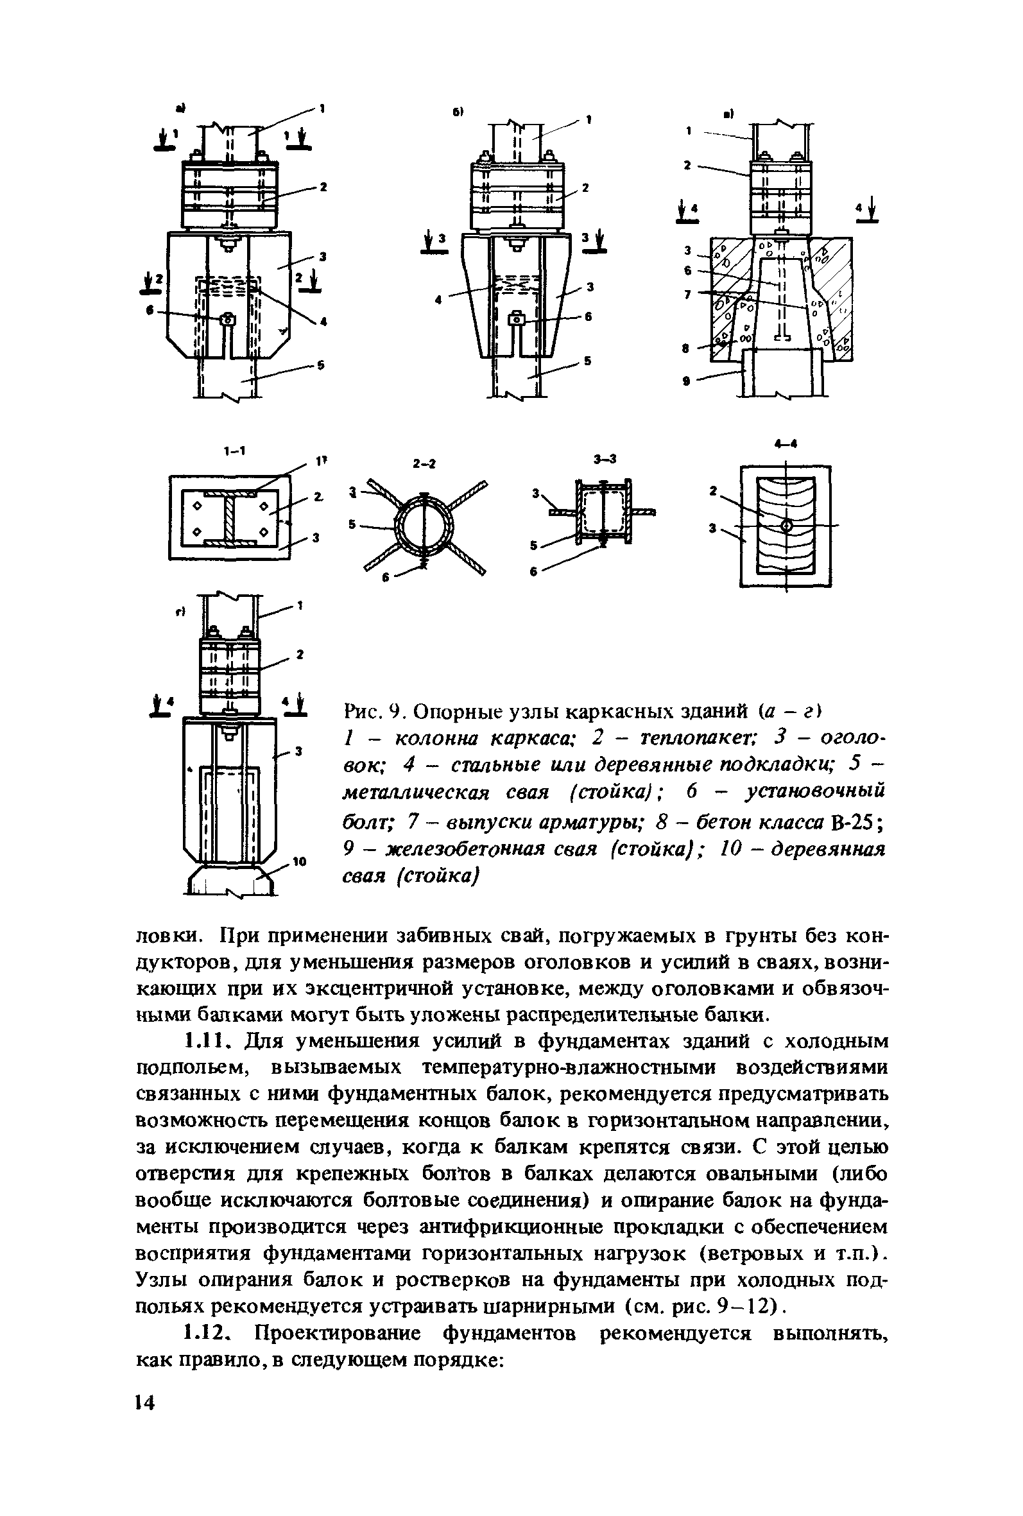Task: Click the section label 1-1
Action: (x=232, y=451)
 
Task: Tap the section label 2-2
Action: (x=424, y=464)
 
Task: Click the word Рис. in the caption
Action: (x=363, y=709)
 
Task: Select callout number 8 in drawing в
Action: (x=686, y=349)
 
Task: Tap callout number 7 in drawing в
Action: (x=686, y=295)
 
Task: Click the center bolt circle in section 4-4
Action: (x=787, y=525)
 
